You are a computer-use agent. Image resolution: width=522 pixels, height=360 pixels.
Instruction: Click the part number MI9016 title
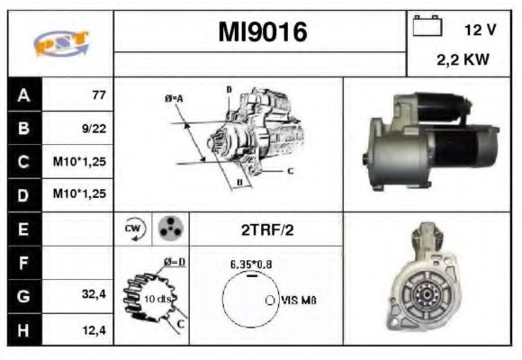pos(263,32)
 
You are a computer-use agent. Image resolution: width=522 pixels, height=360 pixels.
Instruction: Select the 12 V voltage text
pos(480,30)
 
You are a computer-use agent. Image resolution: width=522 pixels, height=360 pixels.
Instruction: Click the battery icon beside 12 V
pos(426,28)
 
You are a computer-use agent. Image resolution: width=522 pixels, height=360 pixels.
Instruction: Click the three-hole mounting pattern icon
pos(168,229)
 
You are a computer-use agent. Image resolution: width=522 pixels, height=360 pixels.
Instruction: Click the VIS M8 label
pos(300,301)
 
